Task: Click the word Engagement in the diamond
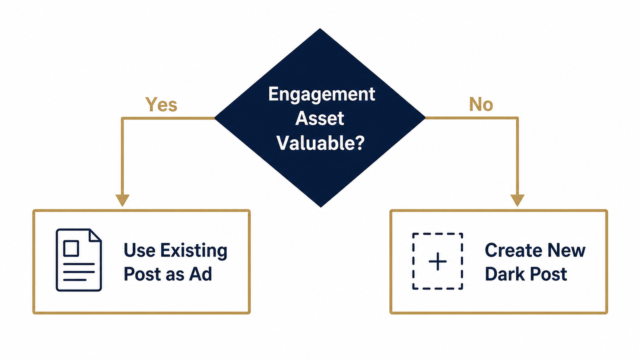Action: [322, 94]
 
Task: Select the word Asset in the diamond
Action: [320, 118]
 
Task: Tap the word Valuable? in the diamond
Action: [320, 142]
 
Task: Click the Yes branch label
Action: [161, 104]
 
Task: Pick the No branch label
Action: [481, 104]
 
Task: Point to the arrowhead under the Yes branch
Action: [122, 200]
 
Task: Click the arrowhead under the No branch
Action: [518, 200]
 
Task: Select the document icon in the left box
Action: [79, 260]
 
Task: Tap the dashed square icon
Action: [438, 261]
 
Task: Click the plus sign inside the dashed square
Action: [438, 262]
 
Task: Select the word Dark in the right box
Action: [505, 274]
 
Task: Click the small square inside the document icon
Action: [71, 248]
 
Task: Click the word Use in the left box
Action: [140, 250]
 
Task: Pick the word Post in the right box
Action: [548, 274]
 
